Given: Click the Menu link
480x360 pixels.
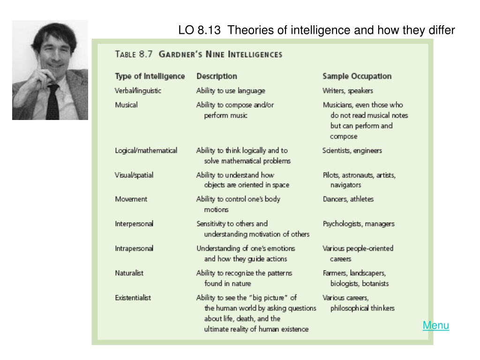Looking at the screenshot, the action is tap(435, 325).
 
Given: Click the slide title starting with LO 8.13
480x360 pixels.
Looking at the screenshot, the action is tap(316, 30).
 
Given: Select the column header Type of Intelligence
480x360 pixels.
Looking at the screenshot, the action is tap(150, 76).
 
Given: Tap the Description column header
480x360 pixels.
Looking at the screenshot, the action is tap(217, 76).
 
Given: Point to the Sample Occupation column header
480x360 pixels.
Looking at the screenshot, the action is tap(357, 76).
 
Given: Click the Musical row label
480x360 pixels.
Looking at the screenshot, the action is tap(126, 105).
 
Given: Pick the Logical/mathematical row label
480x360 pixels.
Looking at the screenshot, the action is tap(146, 150).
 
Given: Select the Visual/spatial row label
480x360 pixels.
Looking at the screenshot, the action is tap(134, 175).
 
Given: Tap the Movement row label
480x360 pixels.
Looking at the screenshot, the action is tap(131, 199).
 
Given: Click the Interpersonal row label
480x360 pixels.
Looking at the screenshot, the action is tap(134, 224).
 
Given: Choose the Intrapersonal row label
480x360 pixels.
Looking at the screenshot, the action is tap(134, 248).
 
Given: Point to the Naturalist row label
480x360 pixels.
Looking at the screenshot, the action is tap(129, 273).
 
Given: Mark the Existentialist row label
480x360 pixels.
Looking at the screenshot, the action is tap(133, 298).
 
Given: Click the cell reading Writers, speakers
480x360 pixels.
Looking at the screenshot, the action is tap(348, 90).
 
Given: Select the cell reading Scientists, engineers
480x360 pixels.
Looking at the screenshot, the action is tap(352, 150).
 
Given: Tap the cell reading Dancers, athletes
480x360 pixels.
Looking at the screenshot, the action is tap(348, 199).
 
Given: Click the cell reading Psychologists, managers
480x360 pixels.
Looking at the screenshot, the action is tap(359, 224).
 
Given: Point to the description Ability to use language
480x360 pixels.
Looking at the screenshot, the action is tap(231, 90).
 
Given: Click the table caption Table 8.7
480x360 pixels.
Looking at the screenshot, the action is tap(134, 54).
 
